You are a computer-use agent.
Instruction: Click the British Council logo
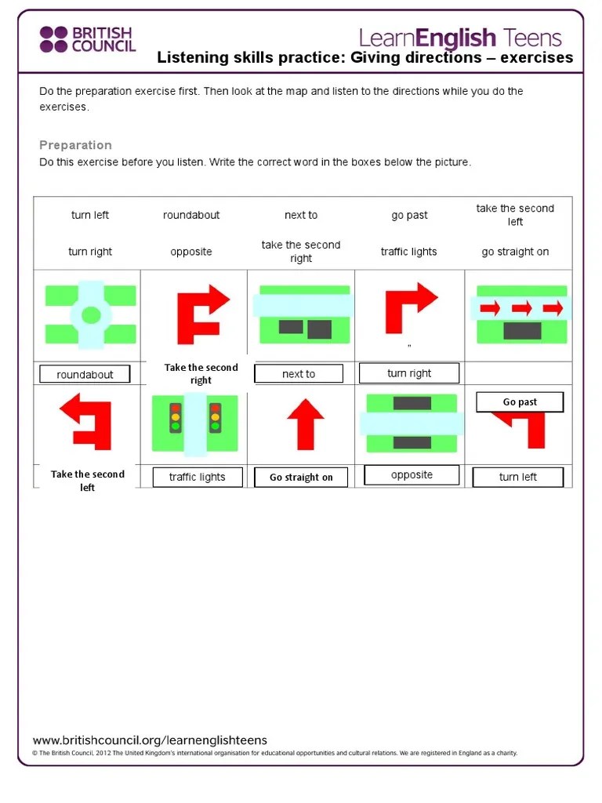(88, 39)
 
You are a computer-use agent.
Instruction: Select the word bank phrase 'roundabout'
(191, 215)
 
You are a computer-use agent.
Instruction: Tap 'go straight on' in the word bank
(515, 252)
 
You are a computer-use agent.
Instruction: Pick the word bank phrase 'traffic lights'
(408, 252)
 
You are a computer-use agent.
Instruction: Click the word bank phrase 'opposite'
(191, 252)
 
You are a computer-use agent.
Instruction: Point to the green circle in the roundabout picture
(91, 315)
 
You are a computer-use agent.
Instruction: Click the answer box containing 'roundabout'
(85, 374)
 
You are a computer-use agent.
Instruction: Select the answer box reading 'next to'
(299, 374)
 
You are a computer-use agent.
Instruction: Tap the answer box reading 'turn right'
(409, 373)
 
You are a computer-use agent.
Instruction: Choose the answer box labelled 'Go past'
(520, 402)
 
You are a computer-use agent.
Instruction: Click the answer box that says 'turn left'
(517, 477)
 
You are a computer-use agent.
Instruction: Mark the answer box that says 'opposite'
(412, 474)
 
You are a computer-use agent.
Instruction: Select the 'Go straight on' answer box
(301, 478)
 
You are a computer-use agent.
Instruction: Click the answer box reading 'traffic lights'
(198, 478)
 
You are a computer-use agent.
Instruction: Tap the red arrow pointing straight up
(306, 424)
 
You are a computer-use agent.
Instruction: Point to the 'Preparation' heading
(75, 145)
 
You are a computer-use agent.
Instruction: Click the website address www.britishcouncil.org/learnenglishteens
(150, 740)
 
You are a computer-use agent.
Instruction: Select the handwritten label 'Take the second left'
(88, 481)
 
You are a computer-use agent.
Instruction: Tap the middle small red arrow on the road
(521, 307)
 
